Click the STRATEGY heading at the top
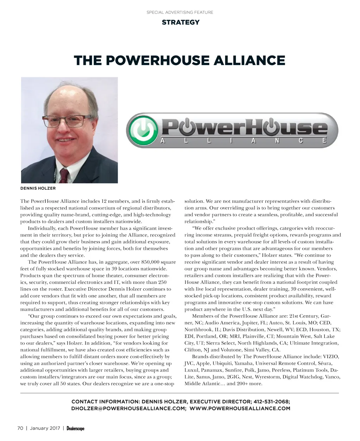coord(180,22)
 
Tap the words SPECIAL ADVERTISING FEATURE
coord(180,12)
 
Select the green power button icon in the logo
coord(142,130)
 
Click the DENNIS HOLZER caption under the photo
coord(38,188)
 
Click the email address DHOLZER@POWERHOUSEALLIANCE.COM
coord(128,408)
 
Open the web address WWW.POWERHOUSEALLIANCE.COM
coord(240,408)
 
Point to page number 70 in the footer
coord(20,428)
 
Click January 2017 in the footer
coord(45,428)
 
